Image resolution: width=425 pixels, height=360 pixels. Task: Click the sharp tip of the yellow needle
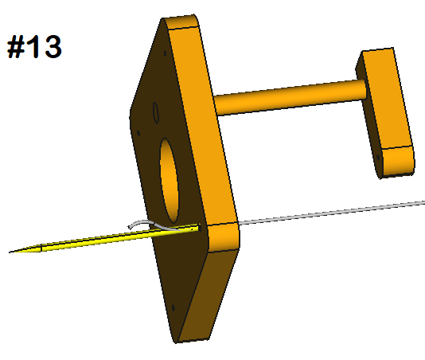[x=11, y=252]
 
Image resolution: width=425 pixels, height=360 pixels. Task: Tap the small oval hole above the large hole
[x=156, y=113]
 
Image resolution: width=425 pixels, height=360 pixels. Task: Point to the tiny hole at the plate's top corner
[x=165, y=53]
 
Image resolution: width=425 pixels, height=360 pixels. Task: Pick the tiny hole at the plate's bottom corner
[x=174, y=305]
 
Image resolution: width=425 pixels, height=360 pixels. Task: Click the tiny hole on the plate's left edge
[x=138, y=132]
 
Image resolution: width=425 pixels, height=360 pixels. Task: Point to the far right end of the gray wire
[x=423, y=201]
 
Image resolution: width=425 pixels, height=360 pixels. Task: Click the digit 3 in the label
[x=49, y=47]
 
